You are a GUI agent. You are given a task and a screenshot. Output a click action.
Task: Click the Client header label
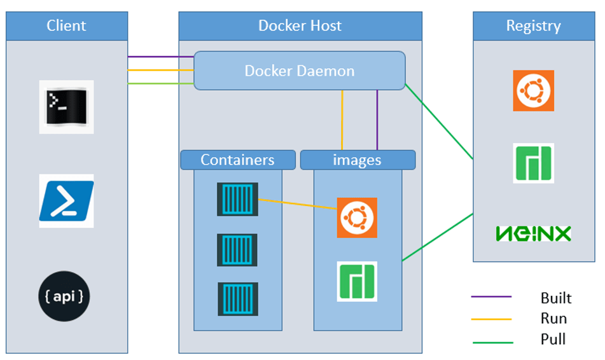[67, 26]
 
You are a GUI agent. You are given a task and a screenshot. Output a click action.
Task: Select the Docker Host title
[300, 26]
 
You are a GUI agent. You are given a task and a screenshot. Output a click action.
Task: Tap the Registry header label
[533, 26]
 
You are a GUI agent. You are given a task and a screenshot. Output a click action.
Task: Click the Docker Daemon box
[299, 71]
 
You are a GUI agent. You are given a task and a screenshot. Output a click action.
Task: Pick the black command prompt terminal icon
[66, 106]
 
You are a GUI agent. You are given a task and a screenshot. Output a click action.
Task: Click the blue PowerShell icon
[66, 200]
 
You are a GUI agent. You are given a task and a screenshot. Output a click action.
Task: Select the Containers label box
[237, 160]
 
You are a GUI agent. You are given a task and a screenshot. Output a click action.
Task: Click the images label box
[357, 160]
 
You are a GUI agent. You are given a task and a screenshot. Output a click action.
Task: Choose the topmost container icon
[237, 199]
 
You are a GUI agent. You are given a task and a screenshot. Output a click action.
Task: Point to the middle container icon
[237, 250]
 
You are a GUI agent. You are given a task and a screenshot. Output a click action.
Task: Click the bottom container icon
[237, 299]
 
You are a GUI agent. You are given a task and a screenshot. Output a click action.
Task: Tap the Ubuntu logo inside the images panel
[357, 218]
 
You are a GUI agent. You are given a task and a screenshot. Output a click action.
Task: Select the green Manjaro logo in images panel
[357, 281]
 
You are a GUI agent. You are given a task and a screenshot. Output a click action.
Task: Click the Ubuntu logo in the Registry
[533, 90]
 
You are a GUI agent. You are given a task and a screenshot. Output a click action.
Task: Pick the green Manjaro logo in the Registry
[533, 163]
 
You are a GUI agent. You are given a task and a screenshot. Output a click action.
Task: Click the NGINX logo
[533, 233]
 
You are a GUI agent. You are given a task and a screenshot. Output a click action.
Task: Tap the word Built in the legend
[555, 298]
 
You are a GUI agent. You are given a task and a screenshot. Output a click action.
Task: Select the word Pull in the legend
[553, 339]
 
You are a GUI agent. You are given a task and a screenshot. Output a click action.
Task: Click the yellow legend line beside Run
[492, 319]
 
